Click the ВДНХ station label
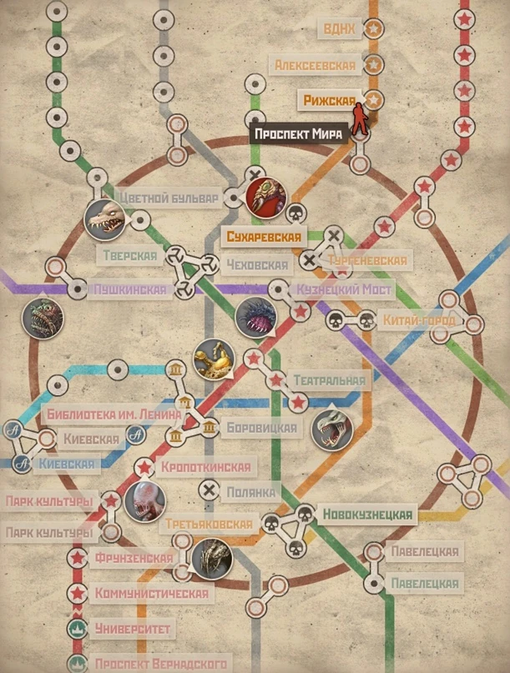340,30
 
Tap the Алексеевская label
316,65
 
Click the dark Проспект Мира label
300,134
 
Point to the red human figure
360,120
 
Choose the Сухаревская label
263,237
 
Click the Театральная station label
329,380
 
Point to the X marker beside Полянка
208,490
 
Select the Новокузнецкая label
367,515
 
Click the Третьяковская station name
209,525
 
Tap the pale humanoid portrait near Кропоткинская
144,501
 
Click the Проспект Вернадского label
160,663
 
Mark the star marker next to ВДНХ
374,29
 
